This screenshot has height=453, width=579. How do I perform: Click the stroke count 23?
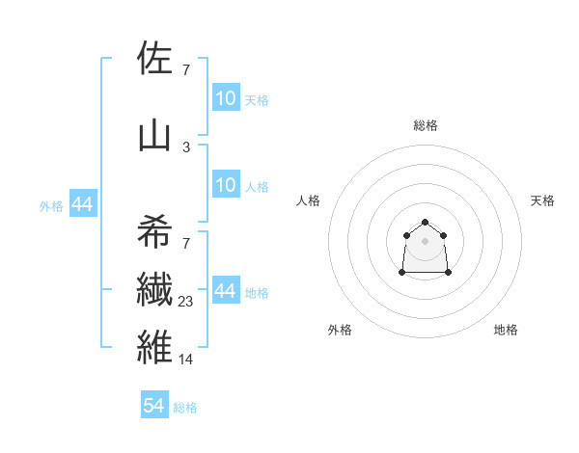pyautogui.click(x=186, y=302)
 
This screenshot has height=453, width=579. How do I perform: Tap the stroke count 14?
pyautogui.click(x=186, y=359)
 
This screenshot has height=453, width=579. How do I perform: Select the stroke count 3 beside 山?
pyautogui.click(x=186, y=147)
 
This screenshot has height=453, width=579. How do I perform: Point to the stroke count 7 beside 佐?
pyautogui.click(x=186, y=69)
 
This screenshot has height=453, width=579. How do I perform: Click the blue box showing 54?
pyautogui.click(x=154, y=406)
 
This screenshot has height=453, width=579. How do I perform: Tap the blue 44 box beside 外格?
pyautogui.click(x=82, y=204)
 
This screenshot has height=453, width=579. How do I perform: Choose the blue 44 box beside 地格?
pyautogui.click(x=225, y=292)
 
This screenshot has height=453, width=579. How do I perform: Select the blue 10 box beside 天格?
pyautogui.click(x=225, y=98)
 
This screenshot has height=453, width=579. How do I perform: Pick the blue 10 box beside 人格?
pyautogui.click(x=225, y=185)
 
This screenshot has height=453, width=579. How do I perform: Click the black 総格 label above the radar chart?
pyautogui.click(x=426, y=125)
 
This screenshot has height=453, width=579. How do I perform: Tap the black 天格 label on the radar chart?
pyautogui.click(x=542, y=200)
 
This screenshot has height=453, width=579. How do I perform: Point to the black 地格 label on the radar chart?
pyautogui.click(x=506, y=330)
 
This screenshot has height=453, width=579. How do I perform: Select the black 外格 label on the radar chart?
pyautogui.click(x=340, y=330)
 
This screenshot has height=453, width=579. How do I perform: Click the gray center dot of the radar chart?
pyautogui.click(x=426, y=240)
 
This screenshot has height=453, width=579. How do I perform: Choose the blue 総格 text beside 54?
pyautogui.click(x=185, y=408)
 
